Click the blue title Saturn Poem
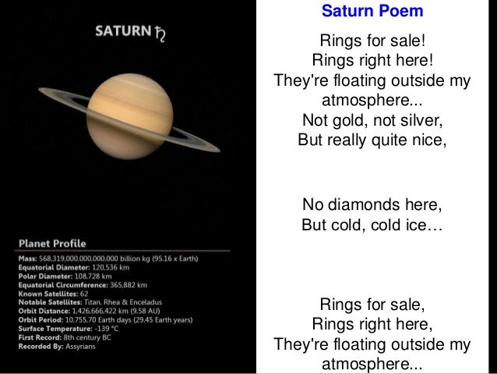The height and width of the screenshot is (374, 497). click(372, 12)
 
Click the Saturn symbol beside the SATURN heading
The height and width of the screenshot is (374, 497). click(160, 34)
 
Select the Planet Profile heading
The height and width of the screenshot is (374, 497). click(53, 243)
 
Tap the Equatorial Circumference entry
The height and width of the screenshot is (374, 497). click(82, 285)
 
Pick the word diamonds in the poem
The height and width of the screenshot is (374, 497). click(364, 205)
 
